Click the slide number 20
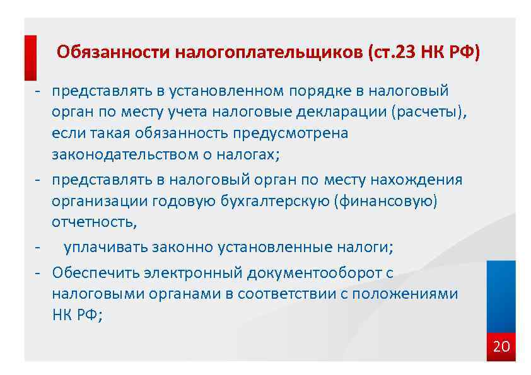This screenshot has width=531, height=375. (x=501, y=346)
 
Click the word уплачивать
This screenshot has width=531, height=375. (x=105, y=246)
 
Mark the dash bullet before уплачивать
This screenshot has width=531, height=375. (x=38, y=246)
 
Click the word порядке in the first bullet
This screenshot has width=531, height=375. (x=320, y=91)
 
